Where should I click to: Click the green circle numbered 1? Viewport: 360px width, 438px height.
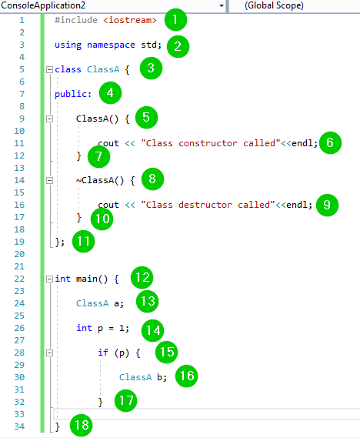175,19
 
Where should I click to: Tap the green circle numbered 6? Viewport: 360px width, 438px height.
330,142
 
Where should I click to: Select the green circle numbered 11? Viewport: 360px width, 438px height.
83,241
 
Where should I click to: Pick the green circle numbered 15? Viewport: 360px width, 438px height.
167,352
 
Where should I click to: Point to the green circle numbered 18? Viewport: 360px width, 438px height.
82,425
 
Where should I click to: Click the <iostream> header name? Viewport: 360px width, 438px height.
130,20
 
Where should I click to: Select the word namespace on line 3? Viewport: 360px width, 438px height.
111,45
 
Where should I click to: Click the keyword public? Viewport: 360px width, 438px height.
71,94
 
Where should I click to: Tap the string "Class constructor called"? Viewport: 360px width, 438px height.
211,143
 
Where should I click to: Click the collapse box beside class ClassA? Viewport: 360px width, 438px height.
49,69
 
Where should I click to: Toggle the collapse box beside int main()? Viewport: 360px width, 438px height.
49,279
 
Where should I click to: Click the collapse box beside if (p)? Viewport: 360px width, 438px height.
49,353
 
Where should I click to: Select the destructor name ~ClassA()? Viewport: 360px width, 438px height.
100,180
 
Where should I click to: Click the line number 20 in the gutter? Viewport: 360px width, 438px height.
19,254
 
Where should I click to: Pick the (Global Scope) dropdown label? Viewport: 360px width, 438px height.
274,5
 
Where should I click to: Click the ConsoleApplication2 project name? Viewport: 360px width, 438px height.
43,5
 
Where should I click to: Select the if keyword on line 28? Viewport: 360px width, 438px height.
103,353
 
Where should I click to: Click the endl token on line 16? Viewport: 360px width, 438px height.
296,205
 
